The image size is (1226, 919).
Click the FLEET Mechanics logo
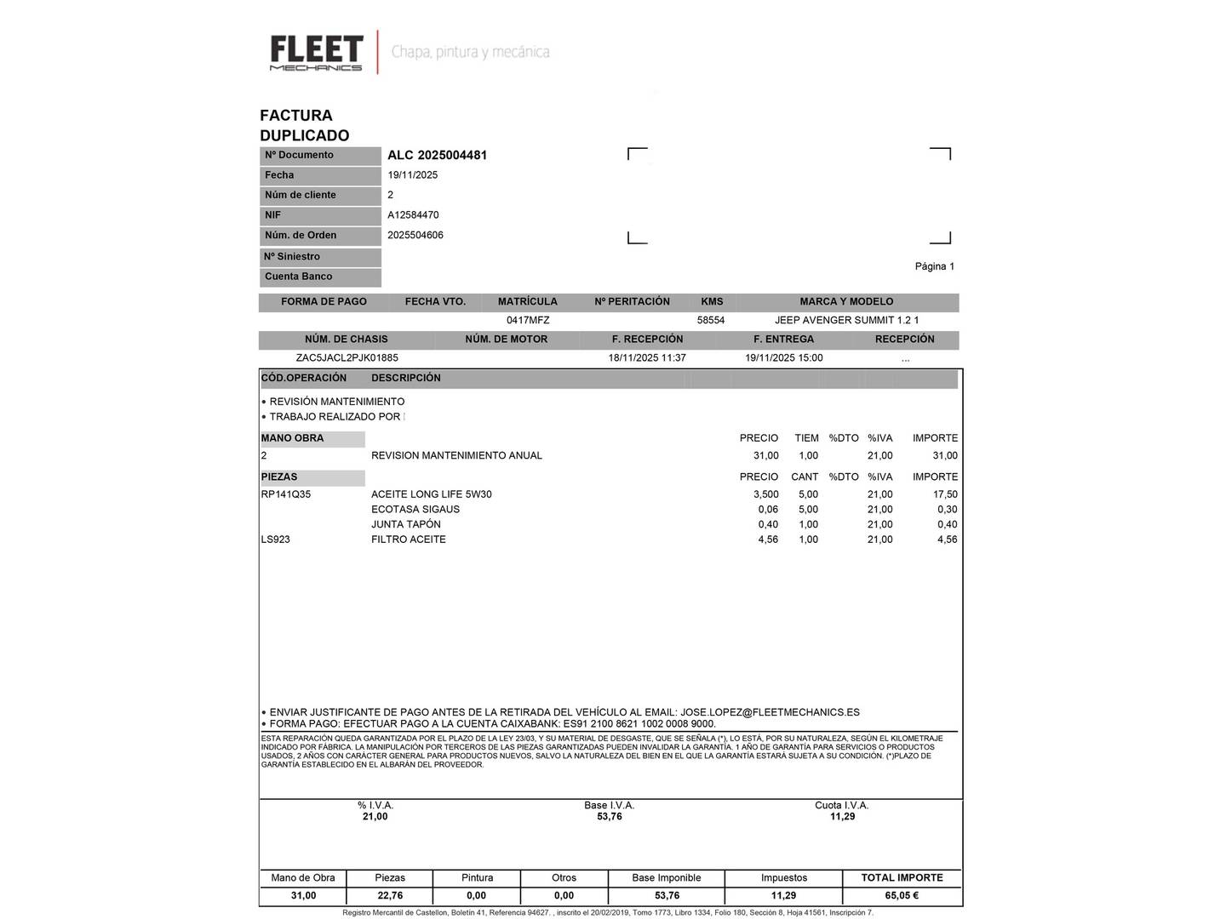pyautogui.click(x=317, y=53)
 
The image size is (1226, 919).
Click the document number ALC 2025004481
pyautogui.click(x=437, y=155)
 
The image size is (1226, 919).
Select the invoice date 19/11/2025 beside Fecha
pyautogui.click(x=413, y=175)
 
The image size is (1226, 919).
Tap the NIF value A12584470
pyautogui.click(x=413, y=215)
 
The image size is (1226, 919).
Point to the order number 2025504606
pyautogui.click(x=415, y=235)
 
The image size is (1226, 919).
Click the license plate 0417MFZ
pyautogui.click(x=528, y=321)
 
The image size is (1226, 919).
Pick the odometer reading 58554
pyautogui.click(x=711, y=321)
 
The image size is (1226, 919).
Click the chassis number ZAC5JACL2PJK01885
pyautogui.click(x=347, y=358)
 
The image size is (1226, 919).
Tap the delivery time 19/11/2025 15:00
pyautogui.click(x=783, y=358)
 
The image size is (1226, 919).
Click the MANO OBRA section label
pyautogui.click(x=293, y=438)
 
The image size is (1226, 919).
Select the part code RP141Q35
pyautogui.click(x=286, y=494)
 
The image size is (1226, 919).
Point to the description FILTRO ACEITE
pyautogui.click(x=409, y=539)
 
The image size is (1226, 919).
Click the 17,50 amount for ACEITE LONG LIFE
pyautogui.click(x=945, y=494)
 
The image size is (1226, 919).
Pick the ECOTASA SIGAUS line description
pyautogui.click(x=415, y=510)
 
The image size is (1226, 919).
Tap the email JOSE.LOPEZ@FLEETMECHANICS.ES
pyautogui.click(x=770, y=712)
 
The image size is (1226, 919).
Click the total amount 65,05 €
pyautogui.click(x=902, y=895)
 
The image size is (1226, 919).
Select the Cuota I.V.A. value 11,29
pyautogui.click(x=842, y=817)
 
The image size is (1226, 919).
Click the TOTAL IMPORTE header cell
pyautogui.click(x=902, y=877)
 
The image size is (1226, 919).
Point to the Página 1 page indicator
pyautogui.click(x=934, y=266)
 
